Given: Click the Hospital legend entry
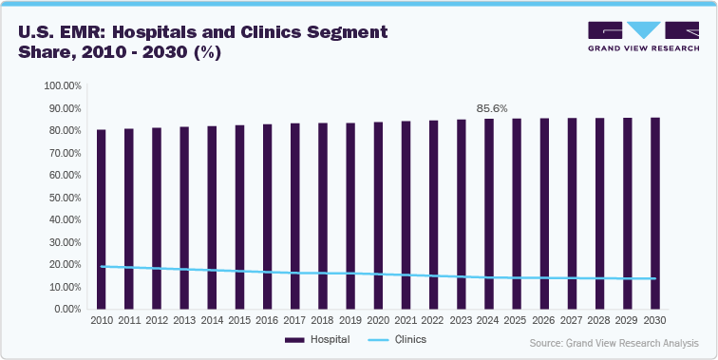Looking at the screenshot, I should [318, 339].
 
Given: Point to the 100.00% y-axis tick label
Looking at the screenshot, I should [64, 85].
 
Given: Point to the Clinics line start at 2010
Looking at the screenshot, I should [102, 266].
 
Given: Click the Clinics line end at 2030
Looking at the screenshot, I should [655, 278].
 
